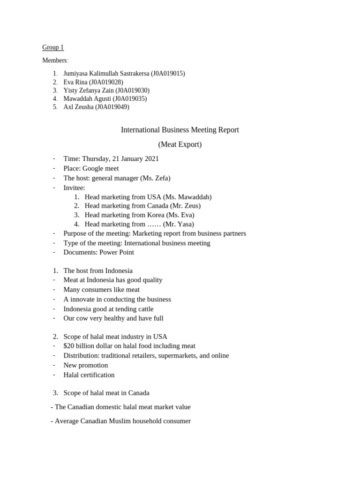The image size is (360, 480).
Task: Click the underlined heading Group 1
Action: point(53,47)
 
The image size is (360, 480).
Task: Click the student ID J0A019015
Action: point(168,74)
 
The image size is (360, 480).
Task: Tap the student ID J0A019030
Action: point(133,90)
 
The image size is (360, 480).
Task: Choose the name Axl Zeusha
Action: point(78,107)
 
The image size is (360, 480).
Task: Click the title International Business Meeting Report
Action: point(180,130)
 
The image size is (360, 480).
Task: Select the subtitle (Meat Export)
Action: point(180,144)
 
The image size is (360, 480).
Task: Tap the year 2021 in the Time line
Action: point(151,159)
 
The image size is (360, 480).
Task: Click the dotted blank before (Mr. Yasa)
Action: point(154,225)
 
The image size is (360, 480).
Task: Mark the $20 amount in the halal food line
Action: point(68,346)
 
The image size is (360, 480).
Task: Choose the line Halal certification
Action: point(89,375)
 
